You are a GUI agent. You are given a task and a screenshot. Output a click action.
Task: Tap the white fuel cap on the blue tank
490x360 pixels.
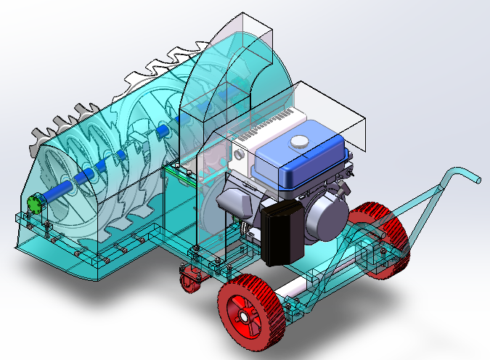pos(298,142)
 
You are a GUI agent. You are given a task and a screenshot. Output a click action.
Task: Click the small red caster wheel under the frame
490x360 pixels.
pos(191,278)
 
